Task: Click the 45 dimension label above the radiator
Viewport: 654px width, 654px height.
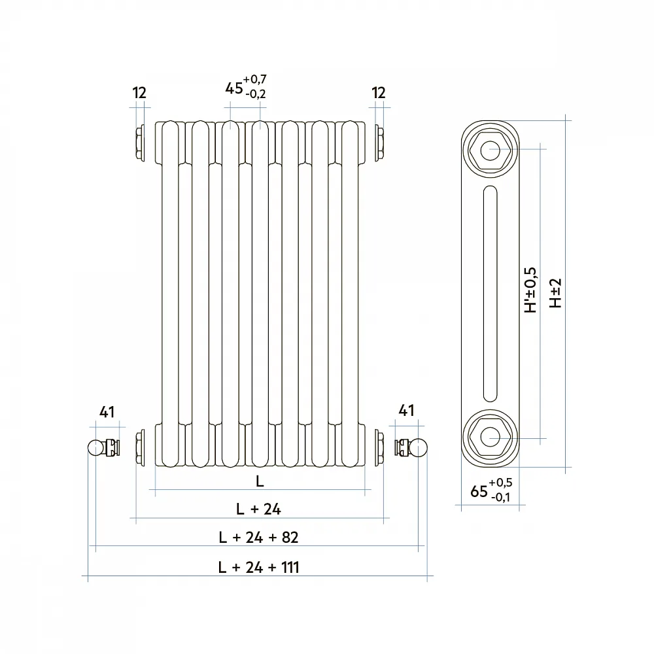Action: pyautogui.click(x=234, y=88)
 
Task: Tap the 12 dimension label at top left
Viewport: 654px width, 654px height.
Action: pyautogui.click(x=139, y=93)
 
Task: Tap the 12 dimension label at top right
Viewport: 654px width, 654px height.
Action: pyautogui.click(x=378, y=93)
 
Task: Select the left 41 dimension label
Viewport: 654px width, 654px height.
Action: pyautogui.click(x=107, y=412)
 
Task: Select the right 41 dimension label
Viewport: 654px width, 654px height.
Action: pyautogui.click(x=406, y=411)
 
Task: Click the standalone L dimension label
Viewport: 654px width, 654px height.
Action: pyautogui.click(x=260, y=481)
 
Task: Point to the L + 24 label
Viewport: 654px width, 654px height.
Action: pyautogui.click(x=258, y=509)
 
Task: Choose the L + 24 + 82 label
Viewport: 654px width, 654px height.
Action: pyautogui.click(x=258, y=537)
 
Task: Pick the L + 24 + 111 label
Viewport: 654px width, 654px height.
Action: pyautogui.click(x=258, y=567)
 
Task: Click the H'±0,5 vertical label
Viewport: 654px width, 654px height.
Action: pyautogui.click(x=530, y=290)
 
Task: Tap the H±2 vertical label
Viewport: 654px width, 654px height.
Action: pyautogui.click(x=555, y=293)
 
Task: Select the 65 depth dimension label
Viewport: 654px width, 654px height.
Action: pyautogui.click(x=479, y=491)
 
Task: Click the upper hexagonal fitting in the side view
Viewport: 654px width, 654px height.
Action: pyautogui.click(x=490, y=150)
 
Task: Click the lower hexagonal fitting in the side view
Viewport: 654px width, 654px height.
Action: pyautogui.click(x=490, y=437)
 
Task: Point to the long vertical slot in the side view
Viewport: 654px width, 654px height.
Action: pyautogui.click(x=490, y=294)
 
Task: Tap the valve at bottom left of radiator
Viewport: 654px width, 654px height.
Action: pyautogui.click(x=104, y=447)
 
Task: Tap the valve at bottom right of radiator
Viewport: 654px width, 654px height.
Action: pyautogui.click(x=411, y=447)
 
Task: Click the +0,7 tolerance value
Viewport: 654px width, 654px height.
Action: pyautogui.click(x=255, y=79)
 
